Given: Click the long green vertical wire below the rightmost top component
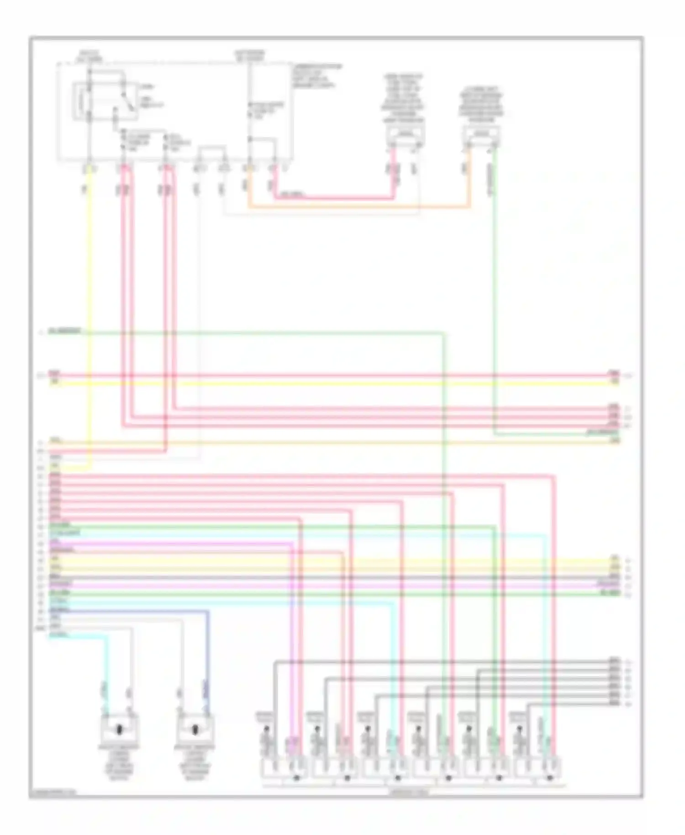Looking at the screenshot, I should point(494,297).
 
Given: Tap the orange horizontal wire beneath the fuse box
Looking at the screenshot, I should point(356,208).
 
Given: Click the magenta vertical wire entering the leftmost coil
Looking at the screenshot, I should point(292,639).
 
